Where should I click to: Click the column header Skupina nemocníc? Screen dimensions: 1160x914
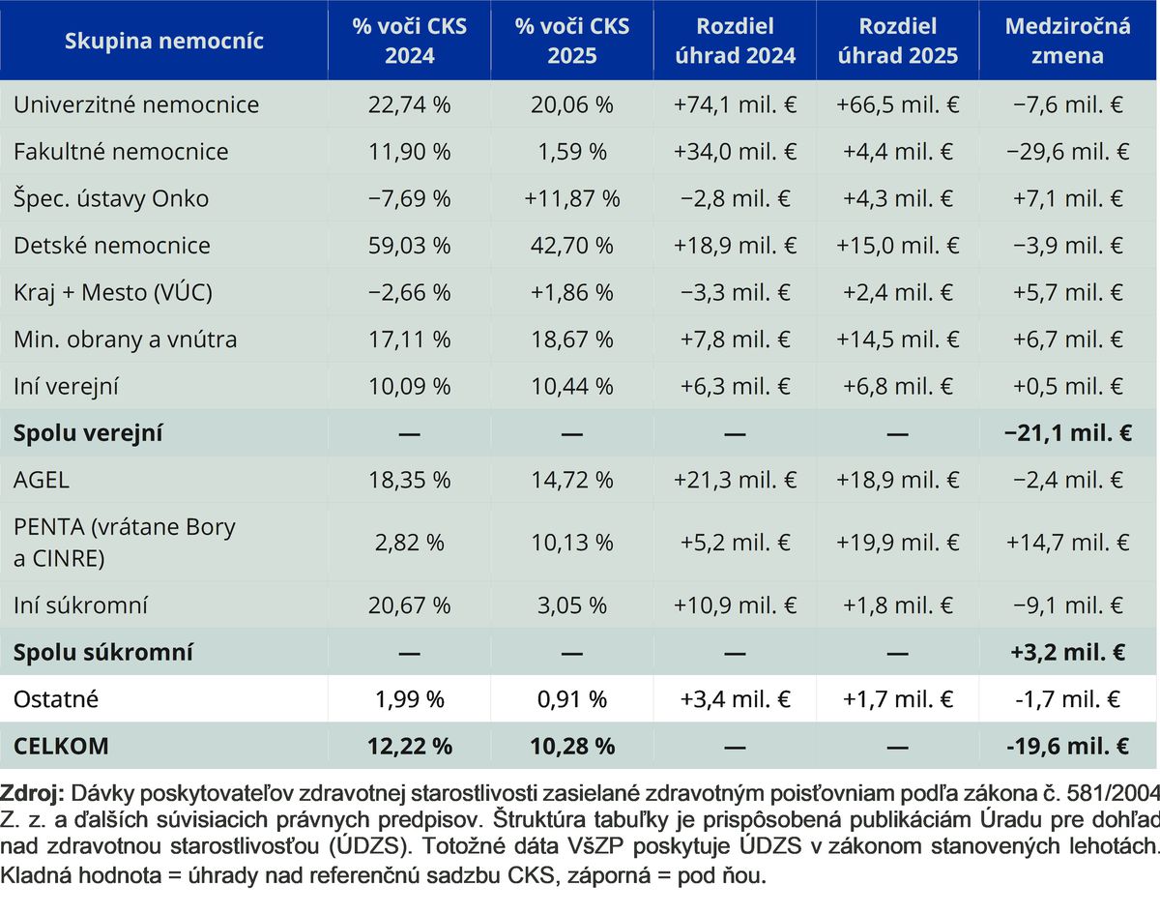coord(164,41)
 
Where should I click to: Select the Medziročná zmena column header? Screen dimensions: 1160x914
coord(1067,41)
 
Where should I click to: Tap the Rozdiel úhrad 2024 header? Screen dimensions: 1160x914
coord(735,41)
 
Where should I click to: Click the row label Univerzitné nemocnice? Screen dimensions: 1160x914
coord(136,104)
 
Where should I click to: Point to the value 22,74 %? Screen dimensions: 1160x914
coord(409,104)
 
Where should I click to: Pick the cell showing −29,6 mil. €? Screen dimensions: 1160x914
coord(1067,152)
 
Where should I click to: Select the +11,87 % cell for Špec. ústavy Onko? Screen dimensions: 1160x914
coord(572,198)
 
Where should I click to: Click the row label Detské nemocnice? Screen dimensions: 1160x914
coord(111,246)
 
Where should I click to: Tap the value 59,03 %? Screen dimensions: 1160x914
coord(409,246)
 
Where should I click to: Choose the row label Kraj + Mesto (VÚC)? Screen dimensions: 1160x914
coord(113,292)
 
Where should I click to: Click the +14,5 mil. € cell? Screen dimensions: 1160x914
coord(897,339)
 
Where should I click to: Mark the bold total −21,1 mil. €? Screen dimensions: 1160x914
coord(1067,433)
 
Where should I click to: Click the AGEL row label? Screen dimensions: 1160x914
coord(42,480)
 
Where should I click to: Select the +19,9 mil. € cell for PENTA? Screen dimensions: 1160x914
coord(897,543)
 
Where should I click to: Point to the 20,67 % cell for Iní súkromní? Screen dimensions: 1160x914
coord(409,605)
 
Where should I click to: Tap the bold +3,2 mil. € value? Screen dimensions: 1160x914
coord(1067,652)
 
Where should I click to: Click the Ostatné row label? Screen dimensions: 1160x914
coord(56,699)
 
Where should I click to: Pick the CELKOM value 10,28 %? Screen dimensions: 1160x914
coord(572,747)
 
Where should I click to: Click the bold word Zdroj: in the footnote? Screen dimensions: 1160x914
coord(32,793)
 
